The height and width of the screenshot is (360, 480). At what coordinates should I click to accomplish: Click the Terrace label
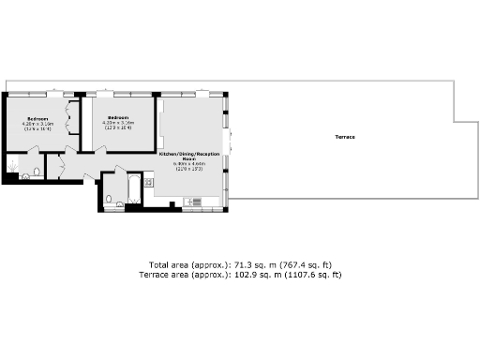345,138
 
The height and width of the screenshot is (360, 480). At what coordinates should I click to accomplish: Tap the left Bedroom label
37,119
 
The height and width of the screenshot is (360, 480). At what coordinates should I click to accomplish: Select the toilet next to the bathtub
110,198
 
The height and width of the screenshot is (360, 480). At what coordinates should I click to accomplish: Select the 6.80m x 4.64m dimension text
188,164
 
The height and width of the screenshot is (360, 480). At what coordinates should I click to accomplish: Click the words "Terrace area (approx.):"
184,275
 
